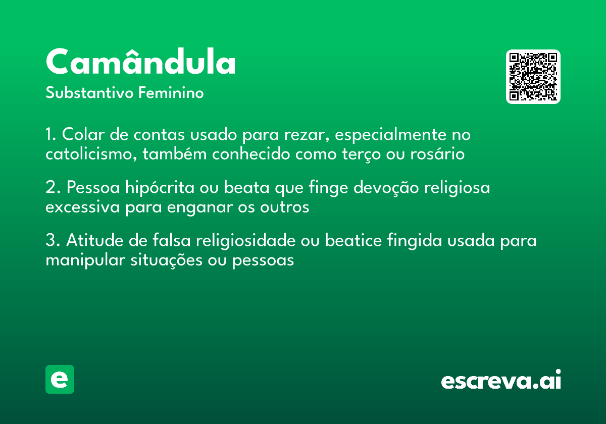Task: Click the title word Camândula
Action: pyautogui.click(x=141, y=62)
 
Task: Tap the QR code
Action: pyautogui.click(x=533, y=77)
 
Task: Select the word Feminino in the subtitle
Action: pyautogui.click(x=171, y=93)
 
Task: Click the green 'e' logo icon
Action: pyautogui.click(x=60, y=379)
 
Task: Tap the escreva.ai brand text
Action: pyautogui.click(x=501, y=381)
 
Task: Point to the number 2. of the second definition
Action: pyautogui.click(x=52, y=188)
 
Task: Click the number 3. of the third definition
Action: pyautogui.click(x=52, y=241)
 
